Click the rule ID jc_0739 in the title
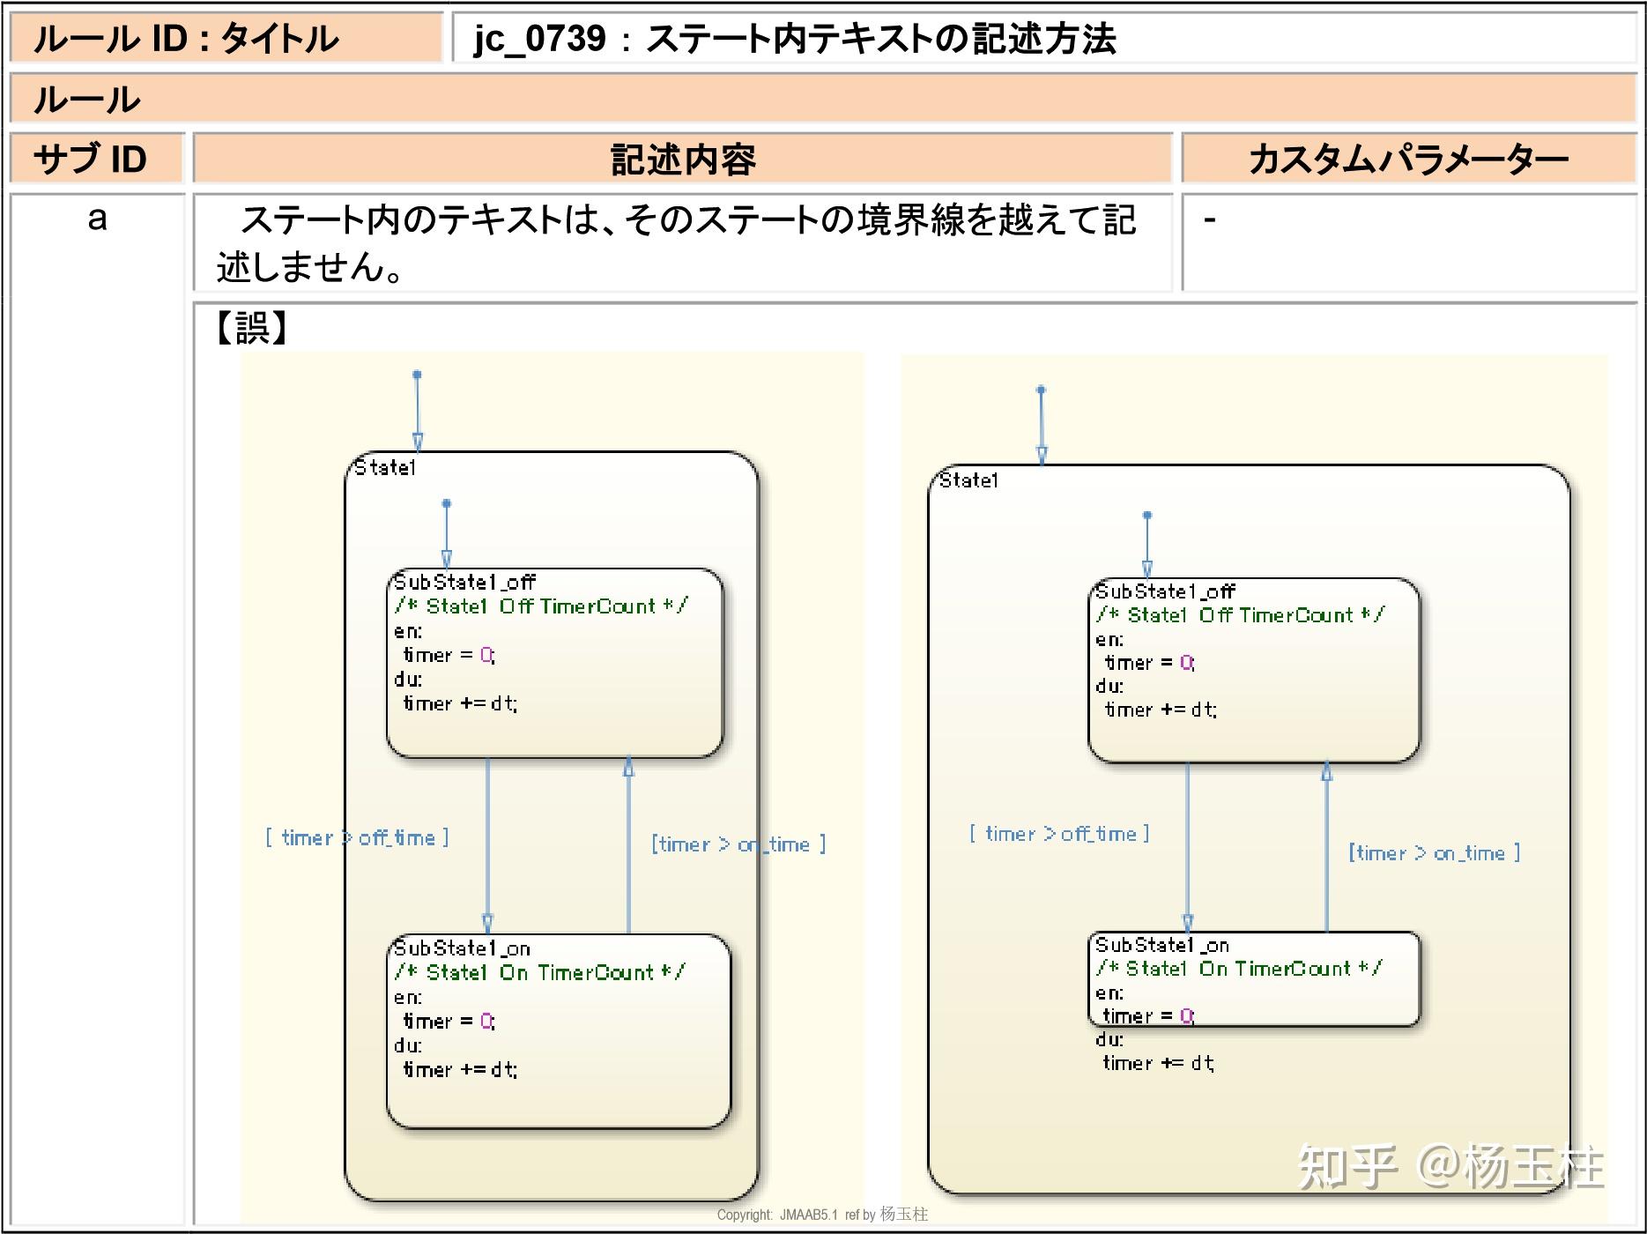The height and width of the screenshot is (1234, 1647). (x=539, y=39)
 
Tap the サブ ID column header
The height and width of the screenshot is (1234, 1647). (x=90, y=160)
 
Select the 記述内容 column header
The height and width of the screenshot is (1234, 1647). (x=683, y=160)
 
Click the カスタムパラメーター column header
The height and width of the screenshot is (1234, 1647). (x=1408, y=160)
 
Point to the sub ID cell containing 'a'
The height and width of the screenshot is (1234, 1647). (x=97, y=219)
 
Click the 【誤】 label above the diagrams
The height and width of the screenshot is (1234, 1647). (x=251, y=328)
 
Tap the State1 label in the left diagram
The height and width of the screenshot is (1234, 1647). (x=384, y=468)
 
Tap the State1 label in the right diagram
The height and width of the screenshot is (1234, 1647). (x=968, y=480)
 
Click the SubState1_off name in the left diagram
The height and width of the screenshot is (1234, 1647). (x=464, y=582)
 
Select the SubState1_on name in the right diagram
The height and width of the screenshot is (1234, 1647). (x=1161, y=945)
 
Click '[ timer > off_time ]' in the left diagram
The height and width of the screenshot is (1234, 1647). (x=357, y=837)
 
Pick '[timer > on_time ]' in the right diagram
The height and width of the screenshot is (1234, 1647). (x=1434, y=853)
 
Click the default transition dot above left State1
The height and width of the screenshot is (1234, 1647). (x=417, y=375)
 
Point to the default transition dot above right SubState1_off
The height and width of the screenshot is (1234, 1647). (x=1146, y=515)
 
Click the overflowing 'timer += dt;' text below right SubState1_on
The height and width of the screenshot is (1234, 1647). (x=1157, y=1063)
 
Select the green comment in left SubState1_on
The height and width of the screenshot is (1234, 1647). (x=539, y=972)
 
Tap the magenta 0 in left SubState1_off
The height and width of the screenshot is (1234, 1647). (x=486, y=655)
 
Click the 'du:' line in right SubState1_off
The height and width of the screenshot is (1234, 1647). (x=1109, y=686)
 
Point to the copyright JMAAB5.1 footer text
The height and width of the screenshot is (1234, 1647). (x=821, y=1215)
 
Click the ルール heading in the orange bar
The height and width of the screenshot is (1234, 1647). (x=86, y=100)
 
